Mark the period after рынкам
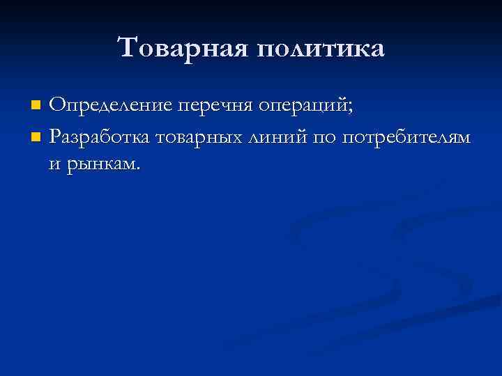click(138, 167)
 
